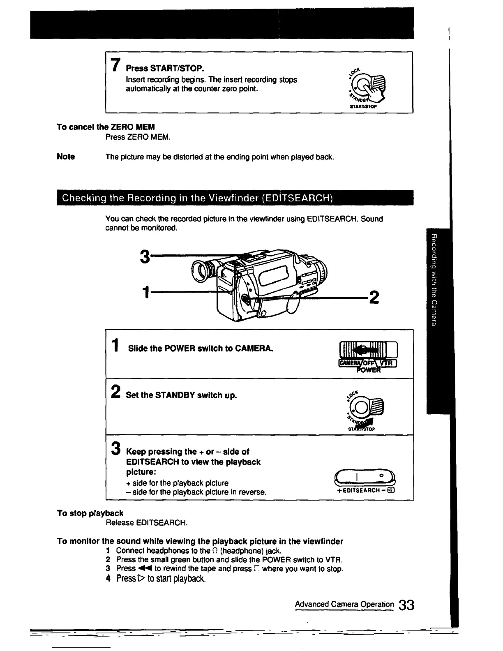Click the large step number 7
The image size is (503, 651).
coord(116,65)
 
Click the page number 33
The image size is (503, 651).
coord(406,606)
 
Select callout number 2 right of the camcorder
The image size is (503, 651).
coord(374,297)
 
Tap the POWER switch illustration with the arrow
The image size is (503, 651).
coord(367,355)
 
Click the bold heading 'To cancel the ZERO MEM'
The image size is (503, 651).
coord(106,127)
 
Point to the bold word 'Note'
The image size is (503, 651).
coord(66,157)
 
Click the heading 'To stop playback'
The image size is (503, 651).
coord(90,513)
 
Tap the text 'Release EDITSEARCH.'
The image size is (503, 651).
coord(147,523)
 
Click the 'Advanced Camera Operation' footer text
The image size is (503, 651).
coord(344,604)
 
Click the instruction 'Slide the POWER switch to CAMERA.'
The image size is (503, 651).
coord(201,349)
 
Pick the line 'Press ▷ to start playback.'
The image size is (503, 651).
coord(160,579)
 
